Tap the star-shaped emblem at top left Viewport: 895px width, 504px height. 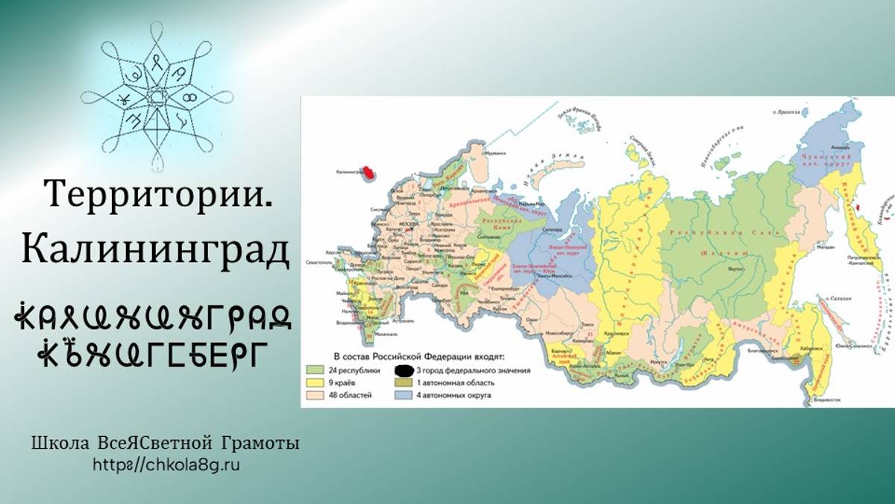coord(157,97)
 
